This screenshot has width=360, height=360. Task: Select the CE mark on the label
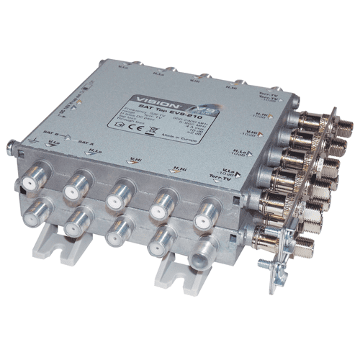(143, 130)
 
